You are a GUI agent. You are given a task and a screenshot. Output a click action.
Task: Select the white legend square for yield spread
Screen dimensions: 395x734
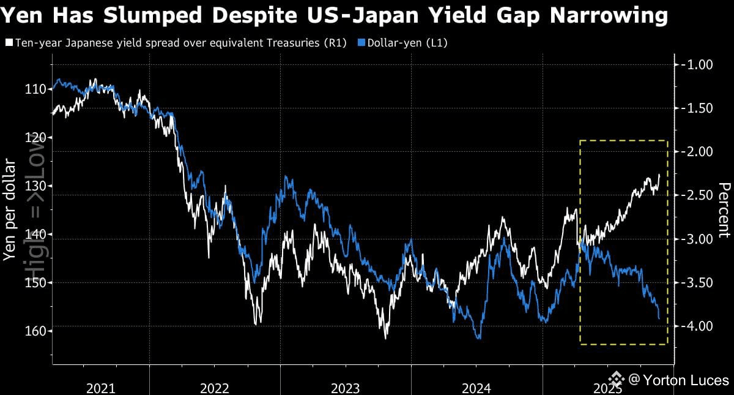tap(9, 43)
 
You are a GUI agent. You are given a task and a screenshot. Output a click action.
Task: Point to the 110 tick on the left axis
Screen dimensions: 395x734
tap(35, 89)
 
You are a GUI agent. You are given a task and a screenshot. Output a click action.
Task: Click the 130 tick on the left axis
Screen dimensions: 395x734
tap(35, 186)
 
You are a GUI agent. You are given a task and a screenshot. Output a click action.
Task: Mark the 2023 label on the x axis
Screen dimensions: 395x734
tap(346, 388)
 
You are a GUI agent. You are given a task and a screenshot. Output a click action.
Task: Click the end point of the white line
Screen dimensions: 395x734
tap(659, 175)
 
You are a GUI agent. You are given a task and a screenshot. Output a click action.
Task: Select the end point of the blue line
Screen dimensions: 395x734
tap(659, 318)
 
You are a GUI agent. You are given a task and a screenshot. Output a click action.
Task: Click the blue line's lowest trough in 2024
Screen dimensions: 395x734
tap(479, 338)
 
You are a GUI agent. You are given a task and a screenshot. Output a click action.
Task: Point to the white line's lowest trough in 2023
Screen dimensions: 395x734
tap(386, 337)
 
